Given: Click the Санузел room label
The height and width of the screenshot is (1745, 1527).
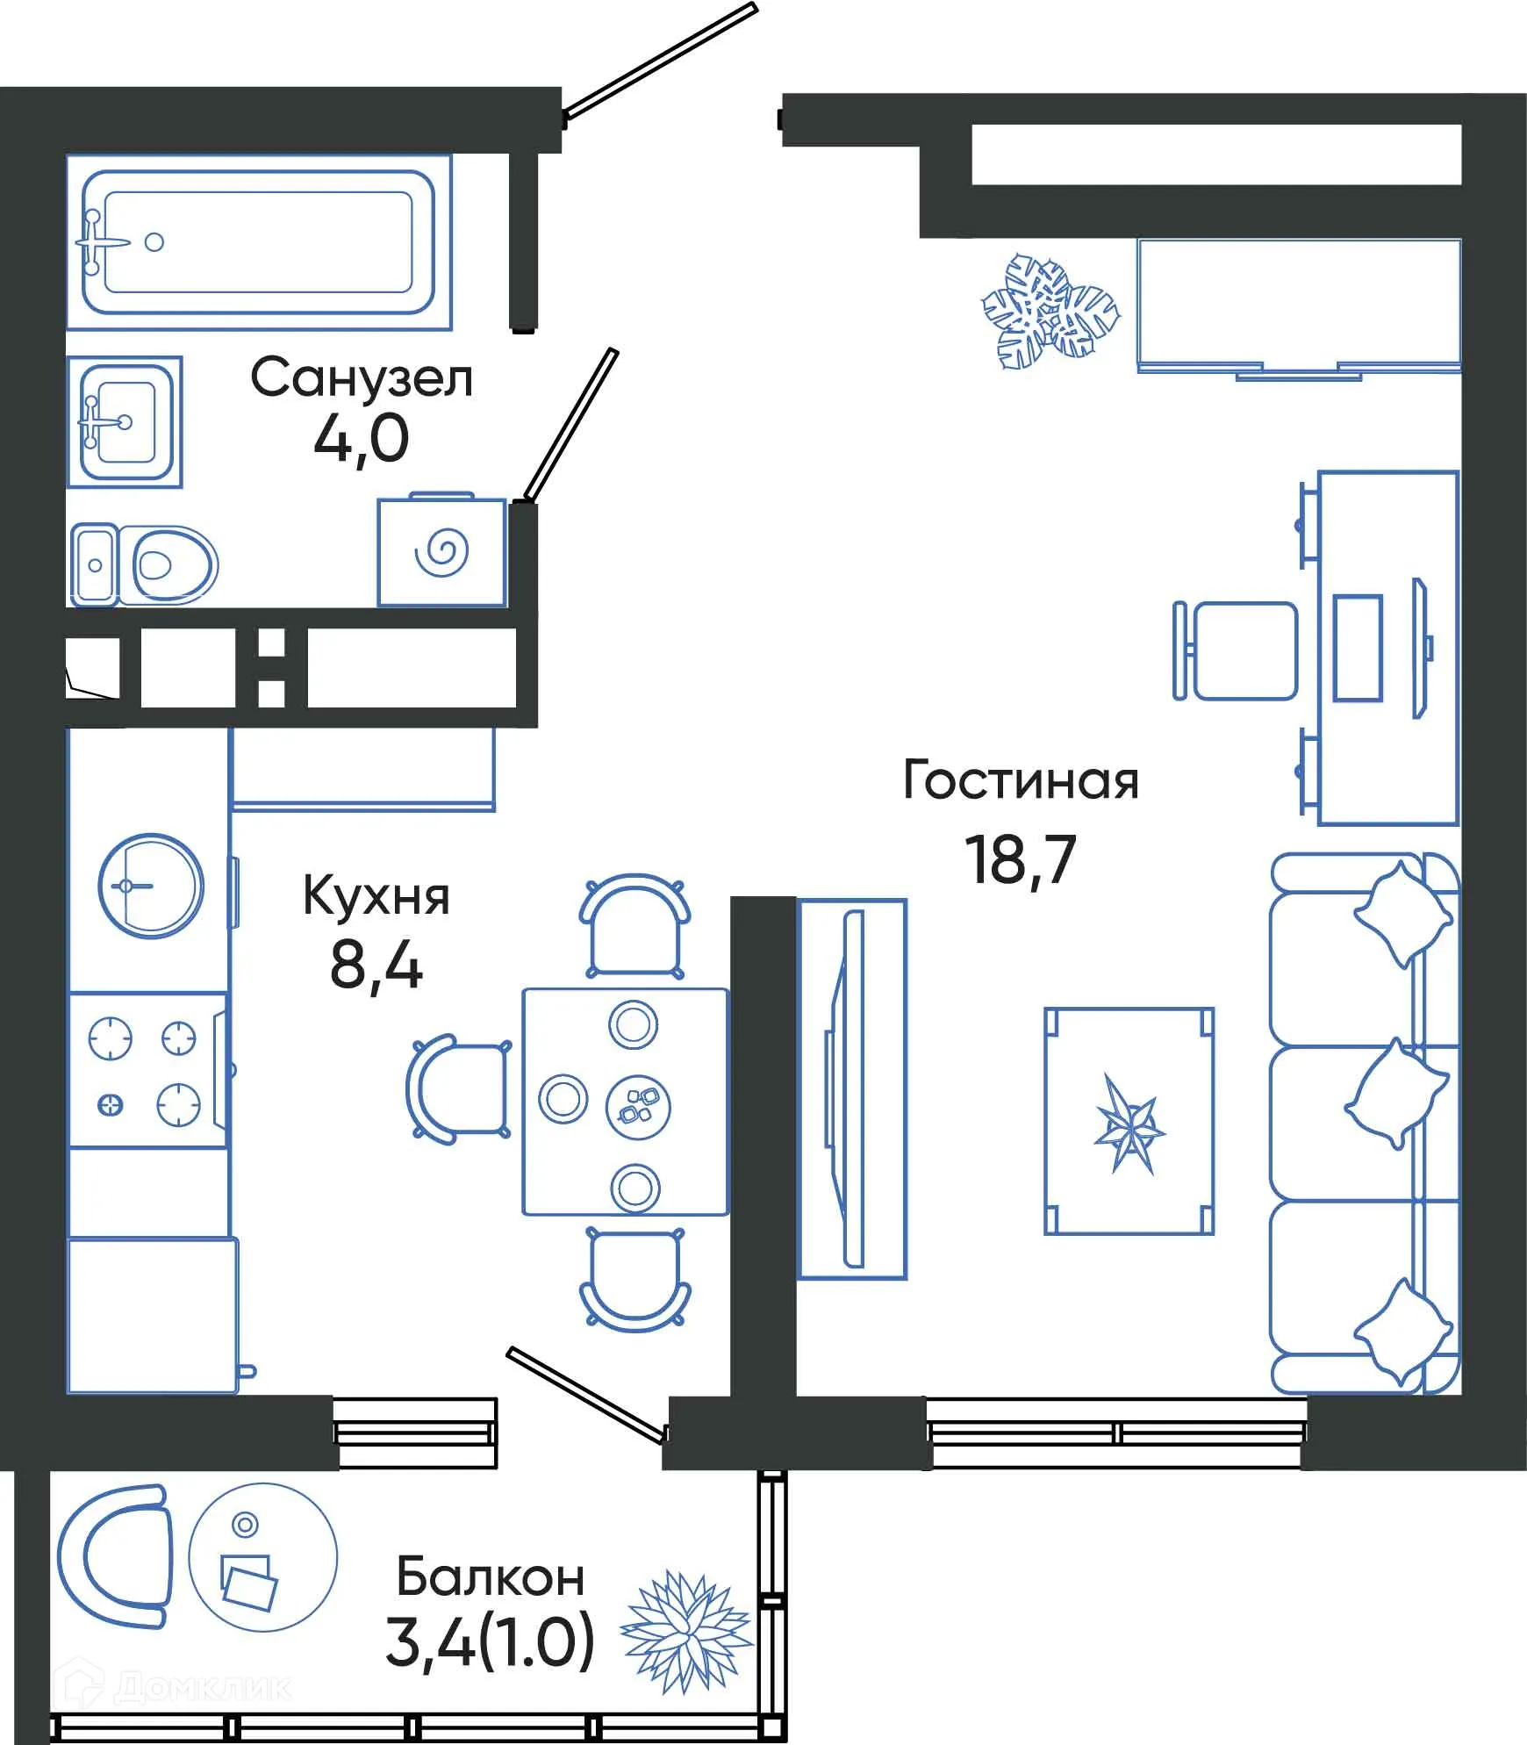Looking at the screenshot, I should pos(362,378).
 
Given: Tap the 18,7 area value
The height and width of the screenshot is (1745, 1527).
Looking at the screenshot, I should pos(1020,860).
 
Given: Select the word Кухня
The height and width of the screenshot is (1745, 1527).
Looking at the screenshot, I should pos(376,896).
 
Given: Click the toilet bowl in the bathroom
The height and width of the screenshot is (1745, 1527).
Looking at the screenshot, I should pos(174,564).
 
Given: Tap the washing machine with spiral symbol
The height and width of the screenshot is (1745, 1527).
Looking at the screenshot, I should pos(441,552).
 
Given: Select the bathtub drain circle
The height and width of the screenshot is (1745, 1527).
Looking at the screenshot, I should pos(154,242).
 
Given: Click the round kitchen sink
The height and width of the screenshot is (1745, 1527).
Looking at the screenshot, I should pos(151,886).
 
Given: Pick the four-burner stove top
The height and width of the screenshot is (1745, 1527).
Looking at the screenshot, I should pos(146,1071).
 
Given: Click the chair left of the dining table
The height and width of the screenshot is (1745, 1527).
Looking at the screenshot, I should pos(456,1089).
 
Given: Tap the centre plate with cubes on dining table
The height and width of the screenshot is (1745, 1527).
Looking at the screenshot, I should pos(638,1106).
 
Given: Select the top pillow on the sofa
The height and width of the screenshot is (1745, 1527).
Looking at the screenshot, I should pos(1402,913).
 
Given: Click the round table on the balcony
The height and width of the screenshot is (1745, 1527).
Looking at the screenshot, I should pos(263,1557).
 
